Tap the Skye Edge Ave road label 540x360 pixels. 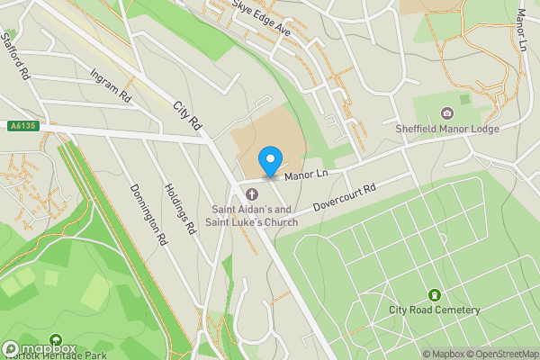pos(261,18)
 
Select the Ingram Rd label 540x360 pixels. pos(112,85)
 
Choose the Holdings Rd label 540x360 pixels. pos(179,210)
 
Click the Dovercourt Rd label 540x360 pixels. pos(343,197)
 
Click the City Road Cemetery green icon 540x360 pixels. pos(435,294)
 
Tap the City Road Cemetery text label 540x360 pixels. pos(435,310)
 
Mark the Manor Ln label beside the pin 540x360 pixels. pos(304,174)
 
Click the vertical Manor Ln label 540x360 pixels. pos(522,31)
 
